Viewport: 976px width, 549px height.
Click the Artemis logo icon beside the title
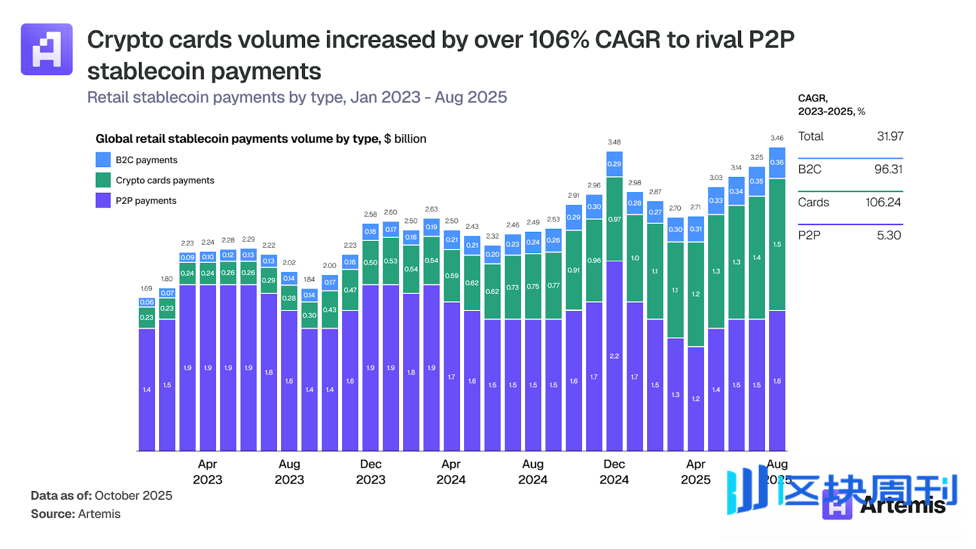pyautogui.click(x=47, y=49)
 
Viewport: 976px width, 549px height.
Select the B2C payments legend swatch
pyautogui.click(x=103, y=160)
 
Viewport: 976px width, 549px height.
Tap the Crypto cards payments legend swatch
pyautogui.click(x=103, y=180)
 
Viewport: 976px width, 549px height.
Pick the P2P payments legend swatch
pyautogui.click(x=103, y=200)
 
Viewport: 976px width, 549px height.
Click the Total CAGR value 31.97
pyautogui.click(x=890, y=137)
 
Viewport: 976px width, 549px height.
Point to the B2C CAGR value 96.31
pyautogui.click(x=888, y=170)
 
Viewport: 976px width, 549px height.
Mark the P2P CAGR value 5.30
pyautogui.click(x=889, y=235)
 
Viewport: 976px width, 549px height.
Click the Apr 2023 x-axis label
pyautogui.click(x=207, y=472)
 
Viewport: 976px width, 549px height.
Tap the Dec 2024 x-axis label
pyautogui.click(x=614, y=472)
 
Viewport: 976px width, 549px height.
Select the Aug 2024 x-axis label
pyautogui.click(x=533, y=472)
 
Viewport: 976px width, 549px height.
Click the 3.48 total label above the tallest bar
pyautogui.click(x=614, y=142)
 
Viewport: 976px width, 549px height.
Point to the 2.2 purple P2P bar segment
pyautogui.click(x=614, y=356)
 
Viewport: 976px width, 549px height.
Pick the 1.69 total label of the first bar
pyautogui.click(x=146, y=289)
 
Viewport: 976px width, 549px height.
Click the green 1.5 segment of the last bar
pyautogui.click(x=777, y=245)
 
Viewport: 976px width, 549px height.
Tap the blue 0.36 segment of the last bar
pyautogui.click(x=777, y=163)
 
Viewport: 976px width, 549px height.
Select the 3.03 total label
pyautogui.click(x=716, y=178)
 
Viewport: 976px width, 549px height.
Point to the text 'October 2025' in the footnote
pyautogui.click(x=134, y=496)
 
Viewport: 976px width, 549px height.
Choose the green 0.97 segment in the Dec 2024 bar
pyautogui.click(x=614, y=220)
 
